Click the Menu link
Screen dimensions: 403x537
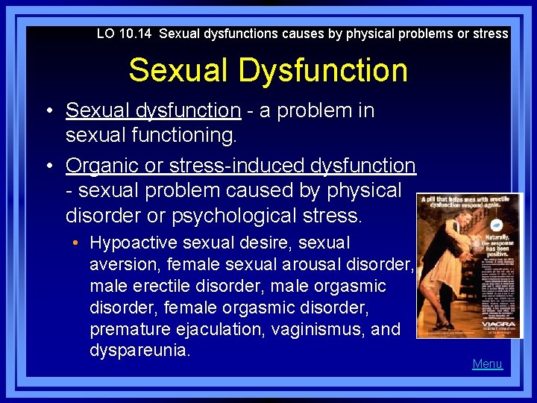click(x=487, y=364)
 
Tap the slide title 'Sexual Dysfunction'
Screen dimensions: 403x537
click(x=268, y=70)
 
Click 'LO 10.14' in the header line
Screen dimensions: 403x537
click(x=125, y=34)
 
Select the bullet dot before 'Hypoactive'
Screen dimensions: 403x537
click(x=78, y=243)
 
